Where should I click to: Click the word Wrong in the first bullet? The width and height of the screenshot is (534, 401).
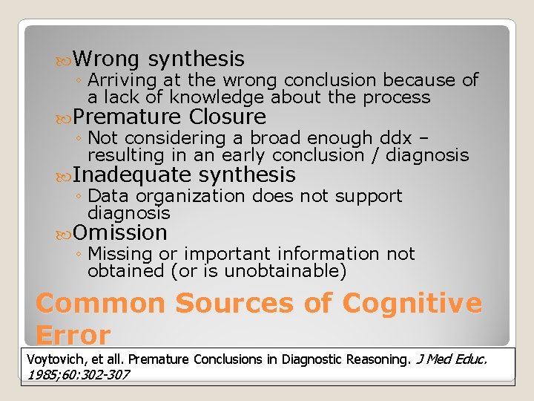click(108, 59)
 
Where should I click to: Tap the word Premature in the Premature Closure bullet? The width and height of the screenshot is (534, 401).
click(128, 117)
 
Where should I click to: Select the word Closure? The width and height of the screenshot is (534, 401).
click(228, 117)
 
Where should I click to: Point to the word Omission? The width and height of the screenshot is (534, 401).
click(120, 232)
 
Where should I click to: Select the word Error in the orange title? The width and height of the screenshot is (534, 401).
click(73, 335)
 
